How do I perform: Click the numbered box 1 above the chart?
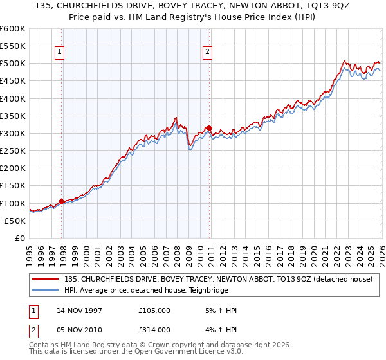click(59, 53)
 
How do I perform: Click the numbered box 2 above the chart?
click(208, 53)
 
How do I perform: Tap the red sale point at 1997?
click(62, 201)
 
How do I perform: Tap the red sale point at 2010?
click(210, 128)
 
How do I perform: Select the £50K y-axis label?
click(14, 221)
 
